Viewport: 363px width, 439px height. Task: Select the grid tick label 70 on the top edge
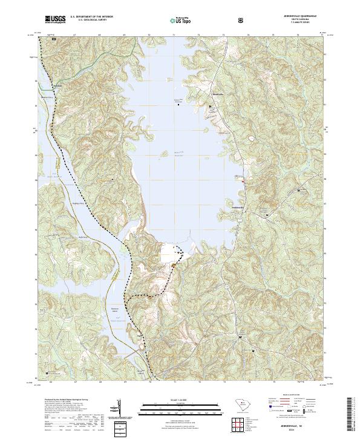149,35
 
